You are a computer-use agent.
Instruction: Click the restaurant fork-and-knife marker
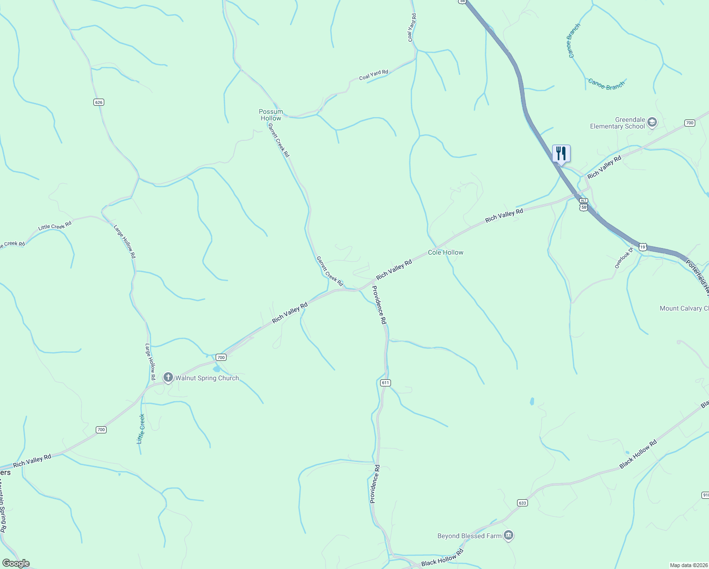pyautogui.click(x=561, y=154)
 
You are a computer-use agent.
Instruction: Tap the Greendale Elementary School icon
pyautogui.click(x=652, y=122)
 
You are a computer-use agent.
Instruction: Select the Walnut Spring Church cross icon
pyautogui.click(x=168, y=377)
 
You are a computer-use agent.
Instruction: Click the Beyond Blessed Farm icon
pyautogui.click(x=509, y=536)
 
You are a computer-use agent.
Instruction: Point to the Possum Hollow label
pyautogui.click(x=271, y=115)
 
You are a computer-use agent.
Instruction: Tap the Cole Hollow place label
pyautogui.click(x=445, y=253)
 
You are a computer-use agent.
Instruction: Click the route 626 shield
pyautogui.click(x=99, y=102)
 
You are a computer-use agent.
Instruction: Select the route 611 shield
pyautogui.click(x=385, y=383)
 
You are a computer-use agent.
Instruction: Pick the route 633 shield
pyautogui.click(x=522, y=503)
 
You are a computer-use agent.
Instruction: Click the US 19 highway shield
pyautogui.click(x=642, y=247)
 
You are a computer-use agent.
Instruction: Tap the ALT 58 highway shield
pyautogui.click(x=583, y=204)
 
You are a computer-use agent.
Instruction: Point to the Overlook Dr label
pyautogui.click(x=624, y=258)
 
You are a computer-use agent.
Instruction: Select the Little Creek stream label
pyautogui.click(x=141, y=429)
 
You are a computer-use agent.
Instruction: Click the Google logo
pyautogui.click(x=16, y=563)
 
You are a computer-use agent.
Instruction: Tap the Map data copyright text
pyautogui.click(x=688, y=565)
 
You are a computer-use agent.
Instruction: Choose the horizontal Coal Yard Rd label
pyautogui.click(x=373, y=75)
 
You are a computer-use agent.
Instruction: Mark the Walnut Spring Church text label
pyautogui.click(x=207, y=378)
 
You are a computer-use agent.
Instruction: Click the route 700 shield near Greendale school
pyautogui.click(x=690, y=123)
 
